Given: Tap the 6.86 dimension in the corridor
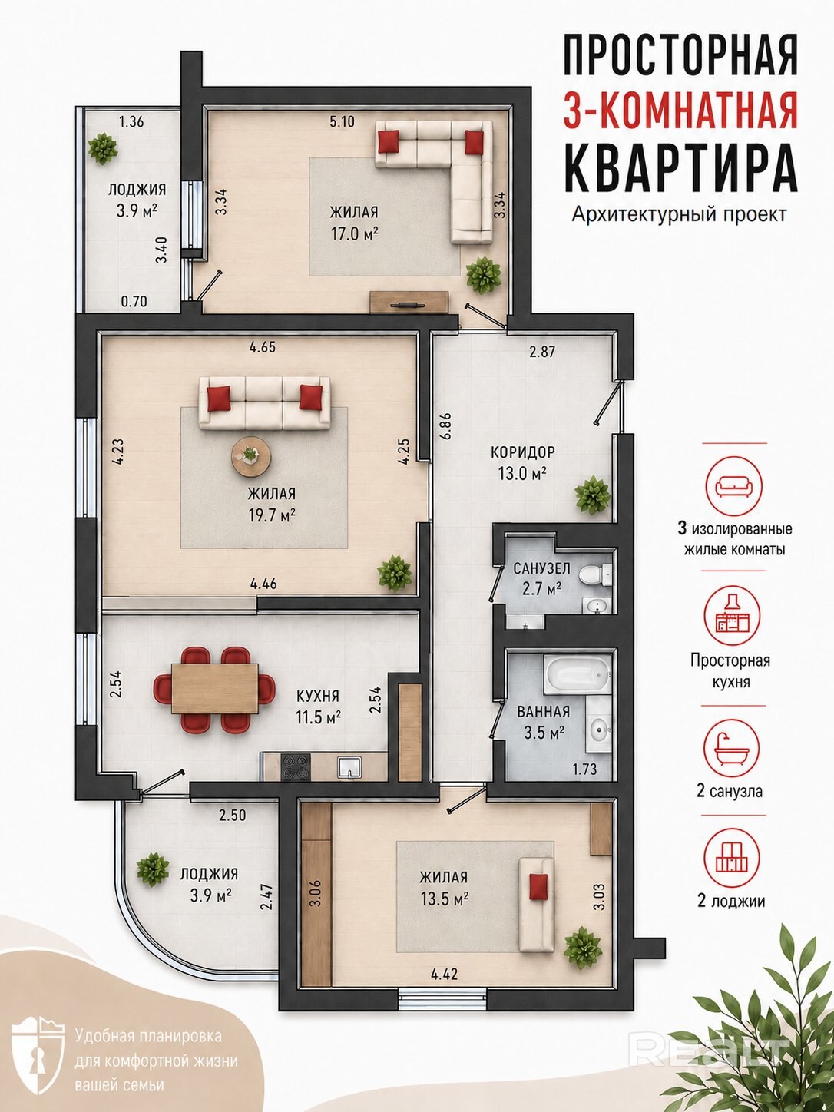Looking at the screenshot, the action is pyautogui.click(x=447, y=426).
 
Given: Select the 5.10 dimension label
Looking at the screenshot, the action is pyautogui.click(x=342, y=121).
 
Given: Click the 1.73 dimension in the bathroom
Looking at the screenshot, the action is pyautogui.click(x=585, y=769).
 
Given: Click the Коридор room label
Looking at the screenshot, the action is pyautogui.click(x=522, y=452).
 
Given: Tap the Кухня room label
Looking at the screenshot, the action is pyautogui.click(x=318, y=696).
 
